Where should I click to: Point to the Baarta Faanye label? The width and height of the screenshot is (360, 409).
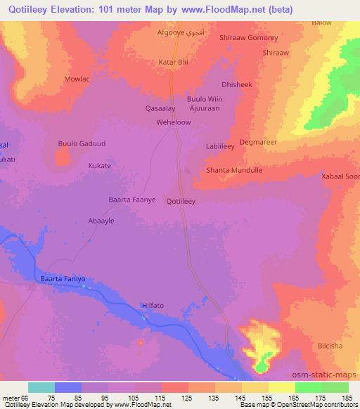tap(131, 200)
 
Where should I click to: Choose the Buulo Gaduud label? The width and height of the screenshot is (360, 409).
tap(81, 143)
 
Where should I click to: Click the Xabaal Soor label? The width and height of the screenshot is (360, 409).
tap(339, 176)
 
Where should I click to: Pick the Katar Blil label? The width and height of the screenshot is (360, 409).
tap(173, 62)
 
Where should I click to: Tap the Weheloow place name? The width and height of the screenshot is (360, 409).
tap(174, 122)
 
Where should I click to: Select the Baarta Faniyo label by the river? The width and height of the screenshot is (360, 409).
tap(63, 279)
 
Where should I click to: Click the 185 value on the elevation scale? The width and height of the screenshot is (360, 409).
tap(346, 399)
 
